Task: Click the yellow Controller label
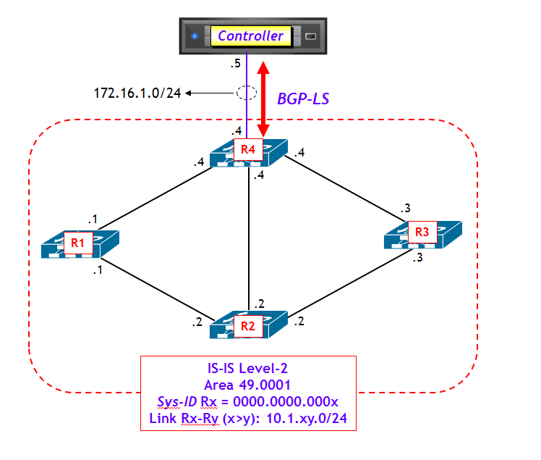[x=251, y=35]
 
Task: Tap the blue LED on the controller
[x=194, y=35]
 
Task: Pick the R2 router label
[x=247, y=326]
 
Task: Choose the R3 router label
[x=422, y=233]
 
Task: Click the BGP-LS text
[x=304, y=99]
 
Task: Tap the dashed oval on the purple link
[x=247, y=93]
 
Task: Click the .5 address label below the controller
[x=235, y=64]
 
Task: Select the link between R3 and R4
[x=344, y=188]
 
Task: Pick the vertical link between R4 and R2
[x=248, y=239]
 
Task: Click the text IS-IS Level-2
[x=247, y=368]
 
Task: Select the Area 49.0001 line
[x=247, y=385]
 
